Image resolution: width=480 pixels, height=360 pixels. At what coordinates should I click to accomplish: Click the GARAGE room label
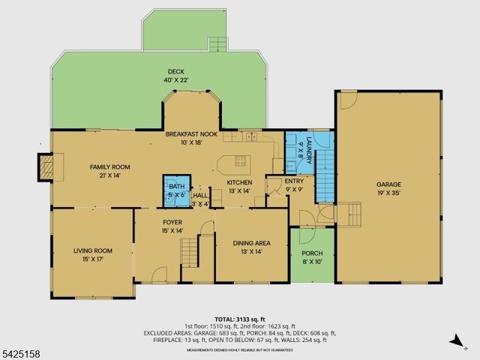(x=388, y=184)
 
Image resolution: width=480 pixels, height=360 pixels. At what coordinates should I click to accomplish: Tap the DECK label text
(x=155, y=72)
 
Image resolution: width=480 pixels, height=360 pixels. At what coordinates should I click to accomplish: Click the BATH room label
(x=175, y=187)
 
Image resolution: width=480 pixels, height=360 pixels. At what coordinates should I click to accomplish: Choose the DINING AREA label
(x=252, y=243)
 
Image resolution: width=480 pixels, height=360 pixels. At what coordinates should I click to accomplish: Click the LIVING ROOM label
(x=92, y=250)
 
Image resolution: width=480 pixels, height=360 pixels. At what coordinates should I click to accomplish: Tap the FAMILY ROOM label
(x=110, y=166)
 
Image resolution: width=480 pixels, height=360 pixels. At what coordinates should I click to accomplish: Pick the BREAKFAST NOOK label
(x=191, y=133)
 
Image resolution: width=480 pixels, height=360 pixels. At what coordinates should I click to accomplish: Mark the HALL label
(x=200, y=195)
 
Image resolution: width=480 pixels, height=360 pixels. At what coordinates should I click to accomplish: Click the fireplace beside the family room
(x=46, y=166)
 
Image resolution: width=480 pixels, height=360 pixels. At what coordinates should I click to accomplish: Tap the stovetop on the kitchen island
(x=241, y=160)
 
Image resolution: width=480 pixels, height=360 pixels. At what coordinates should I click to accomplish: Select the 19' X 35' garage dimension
(x=388, y=192)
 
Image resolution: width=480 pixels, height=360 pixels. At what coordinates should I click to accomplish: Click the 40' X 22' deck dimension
(x=155, y=79)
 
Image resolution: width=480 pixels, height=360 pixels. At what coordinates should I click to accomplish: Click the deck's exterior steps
(x=217, y=43)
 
